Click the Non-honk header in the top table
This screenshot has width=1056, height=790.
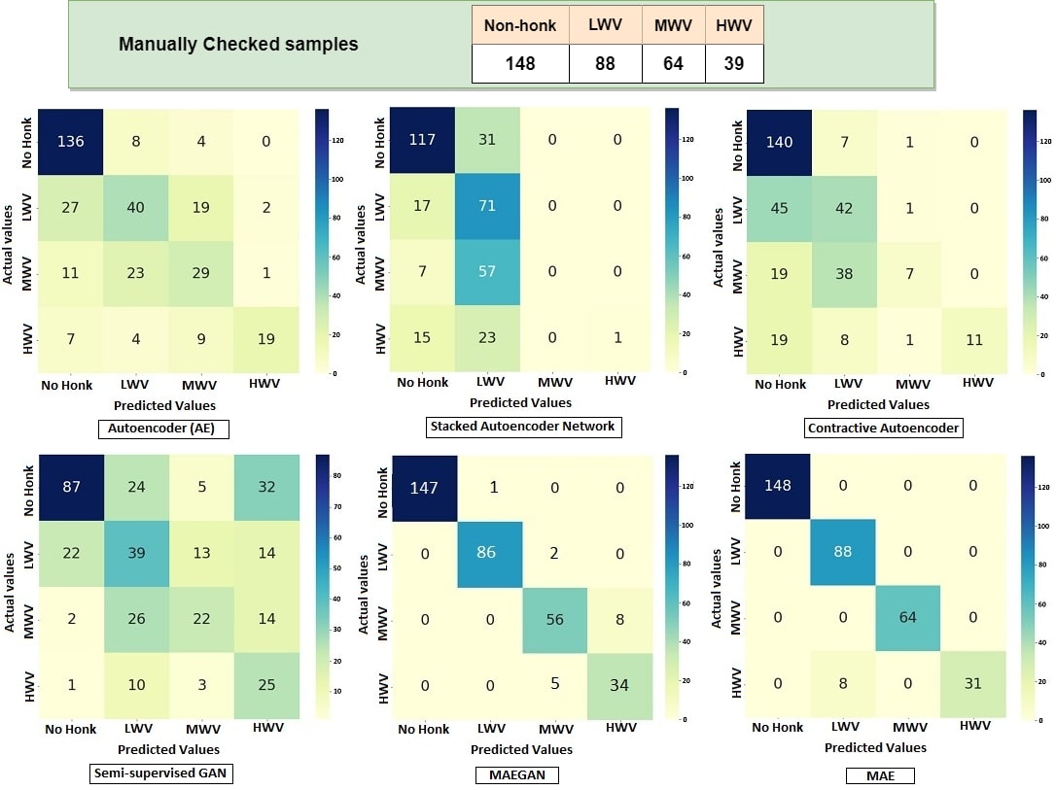(520, 25)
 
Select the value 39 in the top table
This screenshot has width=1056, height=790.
(734, 64)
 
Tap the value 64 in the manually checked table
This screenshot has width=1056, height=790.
(673, 64)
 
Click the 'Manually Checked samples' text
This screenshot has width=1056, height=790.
(237, 45)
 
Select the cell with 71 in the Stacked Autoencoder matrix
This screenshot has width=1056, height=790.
(487, 207)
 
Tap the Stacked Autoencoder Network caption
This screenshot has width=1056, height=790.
(522, 426)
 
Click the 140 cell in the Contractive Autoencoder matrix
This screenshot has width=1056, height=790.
(780, 142)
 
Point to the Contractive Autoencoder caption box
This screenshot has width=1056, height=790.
(883, 428)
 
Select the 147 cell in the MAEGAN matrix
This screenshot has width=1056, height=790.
(423, 488)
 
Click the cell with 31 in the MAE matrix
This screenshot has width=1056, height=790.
(972, 684)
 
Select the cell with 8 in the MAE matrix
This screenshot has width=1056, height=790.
(842, 684)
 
